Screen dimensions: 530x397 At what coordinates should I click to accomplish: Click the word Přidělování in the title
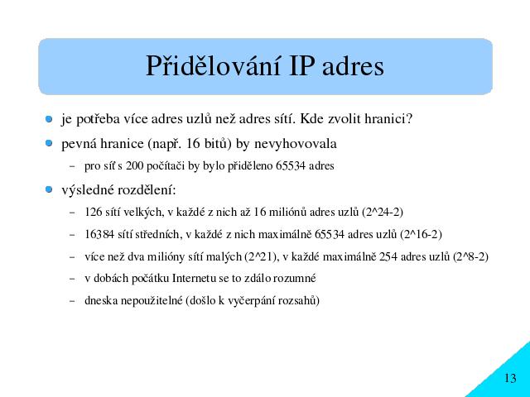(x=214, y=66)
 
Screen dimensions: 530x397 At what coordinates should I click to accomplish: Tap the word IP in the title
(x=300, y=66)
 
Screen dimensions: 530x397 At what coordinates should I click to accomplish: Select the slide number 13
(x=510, y=378)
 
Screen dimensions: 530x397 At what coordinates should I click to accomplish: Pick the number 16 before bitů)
(x=193, y=144)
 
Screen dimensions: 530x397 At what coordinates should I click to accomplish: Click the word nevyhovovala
(x=296, y=144)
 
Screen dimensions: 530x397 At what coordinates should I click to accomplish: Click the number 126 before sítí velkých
(x=94, y=212)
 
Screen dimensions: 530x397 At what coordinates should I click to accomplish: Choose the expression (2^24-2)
(x=383, y=212)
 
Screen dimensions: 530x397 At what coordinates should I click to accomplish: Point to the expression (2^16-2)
(x=421, y=234)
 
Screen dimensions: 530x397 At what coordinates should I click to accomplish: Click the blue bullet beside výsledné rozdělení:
(x=49, y=189)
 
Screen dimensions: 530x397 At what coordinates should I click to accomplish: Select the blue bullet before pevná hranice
(x=49, y=143)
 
